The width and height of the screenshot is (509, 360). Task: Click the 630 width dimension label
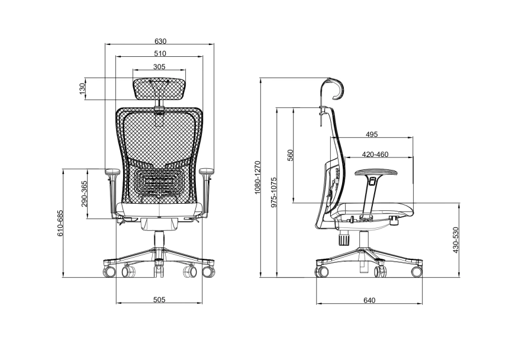[x=160, y=41]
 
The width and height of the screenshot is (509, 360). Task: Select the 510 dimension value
[x=160, y=53]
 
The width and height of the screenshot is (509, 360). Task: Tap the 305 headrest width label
[x=159, y=66]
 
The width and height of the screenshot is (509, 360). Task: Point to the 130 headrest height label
[x=82, y=89]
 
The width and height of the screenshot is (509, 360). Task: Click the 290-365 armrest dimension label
[x=84, y=194]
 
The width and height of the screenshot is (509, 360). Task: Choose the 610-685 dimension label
[x=60, y=223]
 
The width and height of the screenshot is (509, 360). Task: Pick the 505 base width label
[x=159, y=299]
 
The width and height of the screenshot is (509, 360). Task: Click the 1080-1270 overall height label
[x=257, y=177]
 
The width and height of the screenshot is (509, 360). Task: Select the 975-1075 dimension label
[x=274, y=192]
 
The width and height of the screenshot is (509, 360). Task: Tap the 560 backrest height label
[x=290, y=155]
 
